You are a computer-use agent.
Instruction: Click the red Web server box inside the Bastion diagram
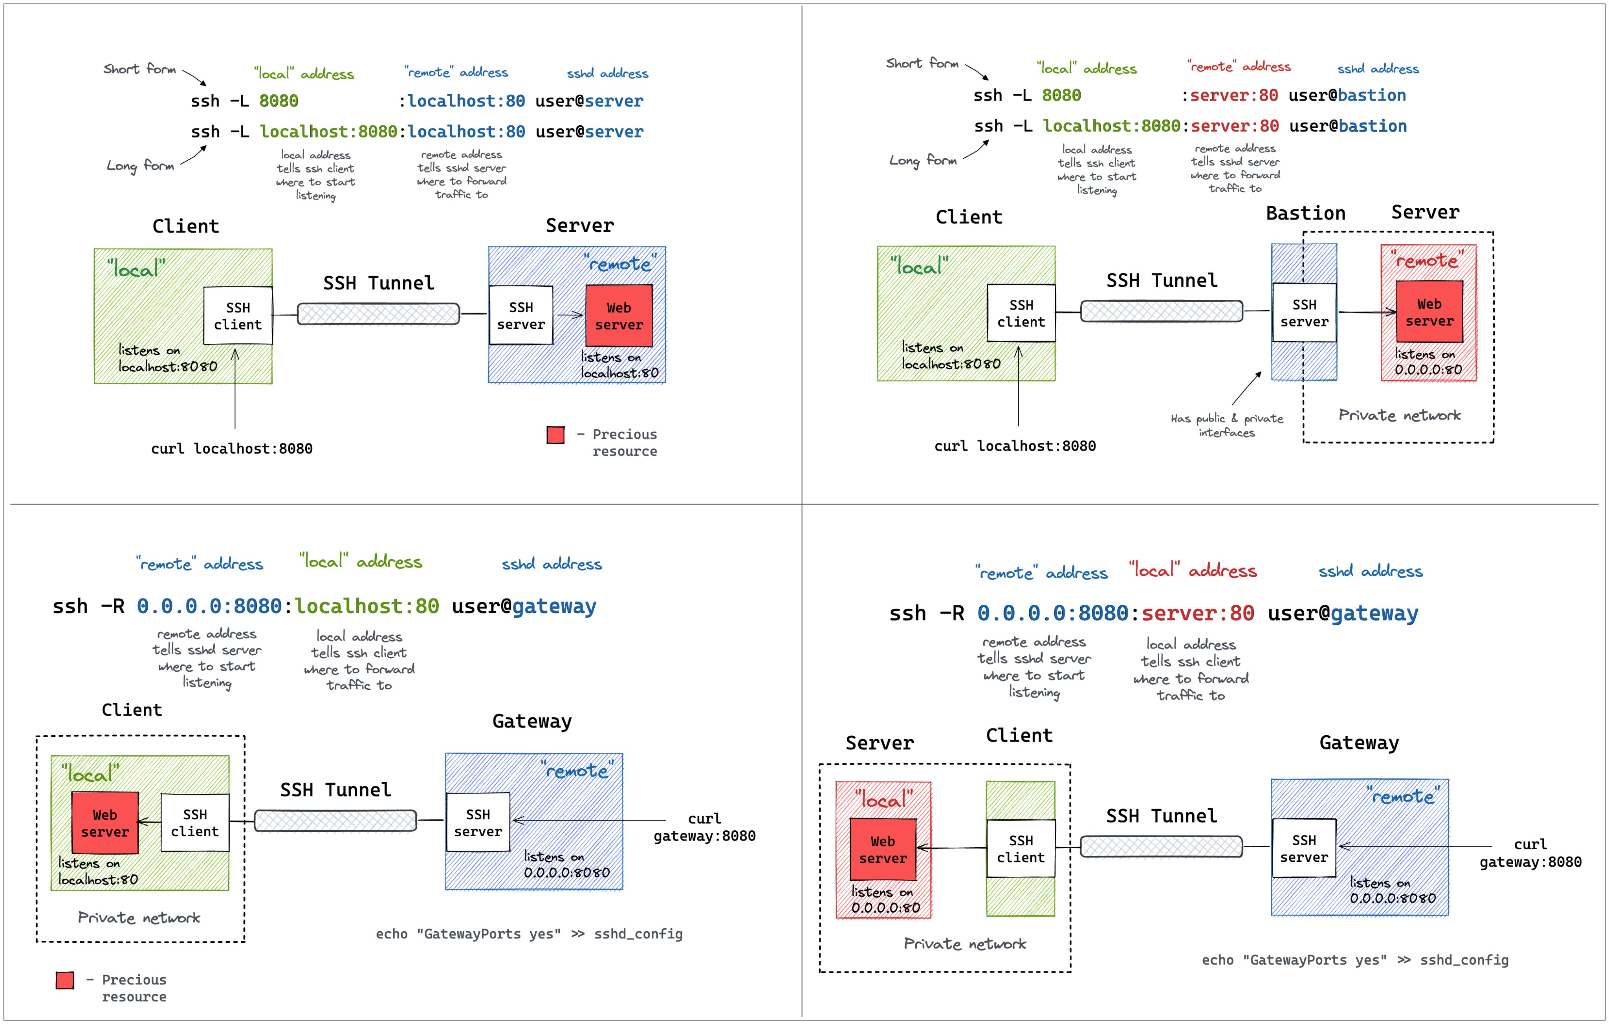point(1429,312)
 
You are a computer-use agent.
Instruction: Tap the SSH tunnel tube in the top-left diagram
point(378,314)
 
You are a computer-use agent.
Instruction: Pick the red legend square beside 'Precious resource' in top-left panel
point(555,435)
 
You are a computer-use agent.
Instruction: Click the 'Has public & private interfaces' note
point(1227,425)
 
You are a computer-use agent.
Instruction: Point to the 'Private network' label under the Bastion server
point(1399,416)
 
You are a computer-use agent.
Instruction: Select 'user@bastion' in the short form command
point(1347,95)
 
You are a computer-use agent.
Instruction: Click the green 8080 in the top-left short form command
point(279,101)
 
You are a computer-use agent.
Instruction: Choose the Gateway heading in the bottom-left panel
point(532,722)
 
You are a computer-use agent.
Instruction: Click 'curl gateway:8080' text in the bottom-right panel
point(1530,853)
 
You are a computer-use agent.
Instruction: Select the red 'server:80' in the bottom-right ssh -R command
point(1197,613)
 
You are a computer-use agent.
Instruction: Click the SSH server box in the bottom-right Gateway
point(1304,848)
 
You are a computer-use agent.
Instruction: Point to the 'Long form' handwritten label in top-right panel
point(923,160)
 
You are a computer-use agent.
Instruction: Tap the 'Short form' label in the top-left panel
point(140,69)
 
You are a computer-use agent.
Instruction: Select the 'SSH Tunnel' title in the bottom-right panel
point(1161,816)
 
